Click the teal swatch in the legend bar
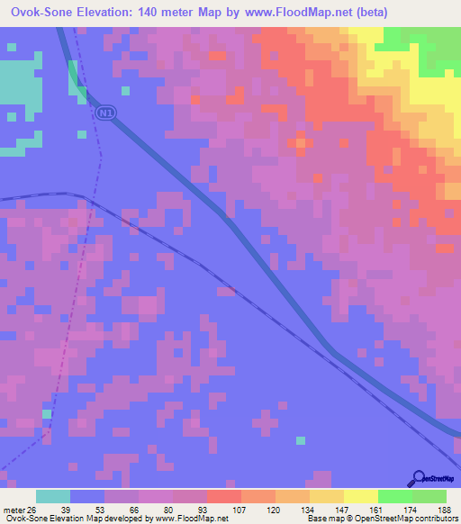pyautogui.click(x=53, y=496)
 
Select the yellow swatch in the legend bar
pyautogui.click(x=360, y=496)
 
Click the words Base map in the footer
pyautogui.click(x=326, y=519)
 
